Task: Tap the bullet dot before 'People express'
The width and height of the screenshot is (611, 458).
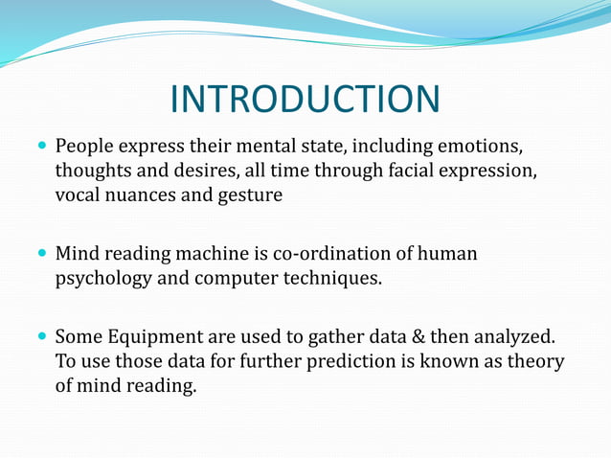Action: (x=39, y=149)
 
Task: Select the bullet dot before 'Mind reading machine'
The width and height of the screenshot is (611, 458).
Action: (x=39, y=256)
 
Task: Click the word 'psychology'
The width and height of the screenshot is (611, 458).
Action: (x=103, y=279)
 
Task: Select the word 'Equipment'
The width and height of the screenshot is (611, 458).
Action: (x=159, y=338)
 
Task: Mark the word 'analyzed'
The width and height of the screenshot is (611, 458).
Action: (x=518, y=338)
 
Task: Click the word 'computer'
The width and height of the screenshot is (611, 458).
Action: (x=238, y=279)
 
